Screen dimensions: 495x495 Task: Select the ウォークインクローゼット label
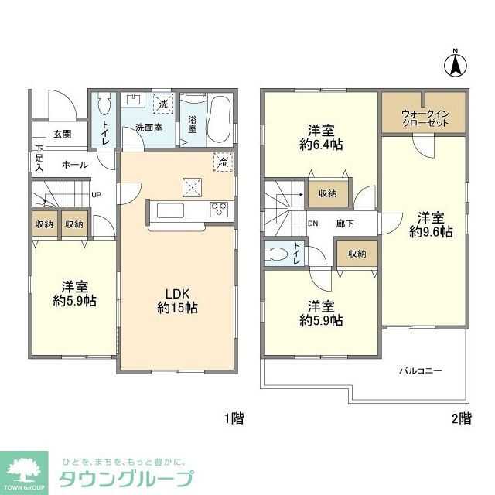coord(424,119)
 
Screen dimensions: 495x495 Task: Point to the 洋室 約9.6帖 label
coord(432,225)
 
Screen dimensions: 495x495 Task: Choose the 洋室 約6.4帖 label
coord(322,138)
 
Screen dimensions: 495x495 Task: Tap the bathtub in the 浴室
coord(218,116)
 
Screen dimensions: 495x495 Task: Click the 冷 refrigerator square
coord(223,162)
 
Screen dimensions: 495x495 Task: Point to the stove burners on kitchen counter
coord(218,208)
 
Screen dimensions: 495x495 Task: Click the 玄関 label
coord(63,134)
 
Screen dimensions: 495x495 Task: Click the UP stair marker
coord(96,194)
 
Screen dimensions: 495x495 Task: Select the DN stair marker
coord(312,224)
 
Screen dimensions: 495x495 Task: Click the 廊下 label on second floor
coord(345,224)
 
